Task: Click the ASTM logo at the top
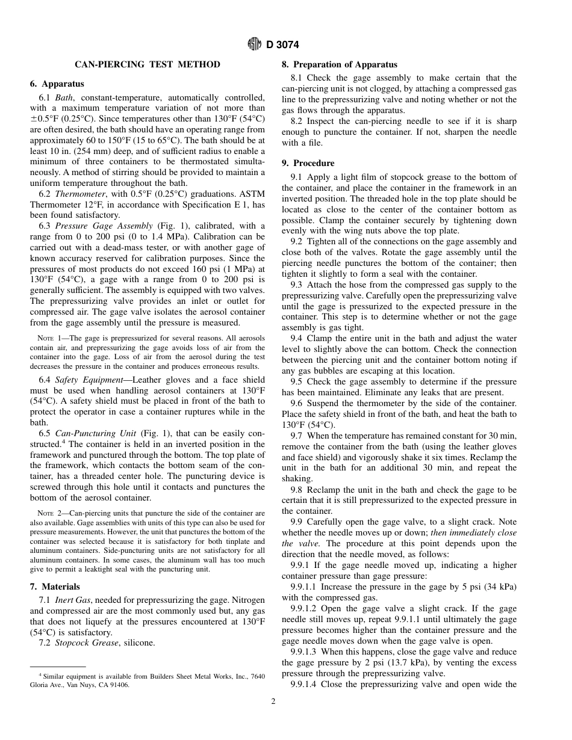(x=255, y=45)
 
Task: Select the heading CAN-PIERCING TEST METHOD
(x=148, y=64)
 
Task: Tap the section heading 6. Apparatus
(x=57, y=84)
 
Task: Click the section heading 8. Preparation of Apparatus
(x=340, y=64)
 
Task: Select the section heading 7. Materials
(x=55, y=587)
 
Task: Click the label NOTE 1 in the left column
(x=49, y=338)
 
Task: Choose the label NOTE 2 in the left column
(x=49, y=513)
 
